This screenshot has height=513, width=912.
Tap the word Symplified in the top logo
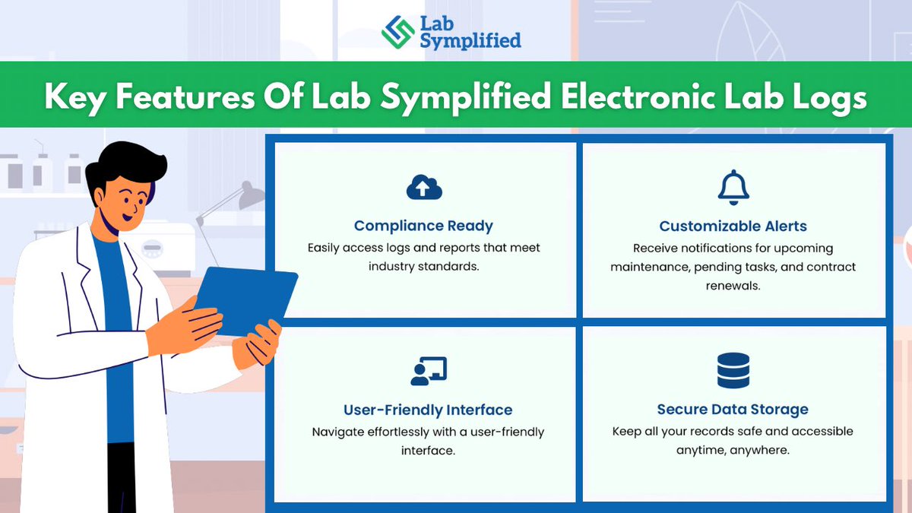point(470,40)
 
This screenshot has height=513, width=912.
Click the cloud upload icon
point(424,188)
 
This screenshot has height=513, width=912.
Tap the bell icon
point(733,187)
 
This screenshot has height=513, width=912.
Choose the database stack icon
point(733,371)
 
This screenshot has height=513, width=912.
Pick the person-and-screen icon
point(428,371)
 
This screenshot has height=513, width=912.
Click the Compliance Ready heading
point(423,226)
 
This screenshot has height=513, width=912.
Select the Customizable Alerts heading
point(733,226)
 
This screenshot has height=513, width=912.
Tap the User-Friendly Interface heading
point(428,410)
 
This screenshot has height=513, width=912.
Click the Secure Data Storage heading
point(733,410)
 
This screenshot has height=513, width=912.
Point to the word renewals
point(733,287)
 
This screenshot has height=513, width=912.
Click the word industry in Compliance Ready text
point(395,267)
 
